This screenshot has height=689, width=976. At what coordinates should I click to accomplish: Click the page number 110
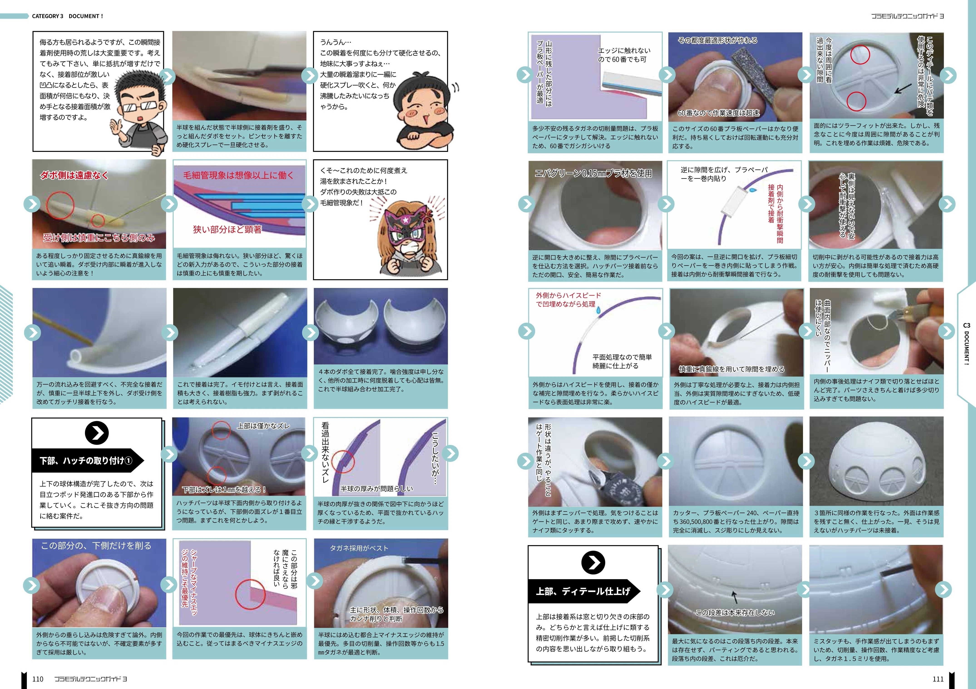[x=38, y=679]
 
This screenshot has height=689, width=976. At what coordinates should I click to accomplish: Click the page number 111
[x=938, y=679]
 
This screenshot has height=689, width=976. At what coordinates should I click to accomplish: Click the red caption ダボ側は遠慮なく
[x=74, y=175]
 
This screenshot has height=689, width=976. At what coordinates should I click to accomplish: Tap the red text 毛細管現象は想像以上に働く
[x=238, y=175]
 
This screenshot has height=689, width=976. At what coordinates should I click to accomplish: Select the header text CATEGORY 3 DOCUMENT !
[x=67, y=16]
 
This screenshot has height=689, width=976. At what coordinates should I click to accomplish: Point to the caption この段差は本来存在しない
[x=735, y=612]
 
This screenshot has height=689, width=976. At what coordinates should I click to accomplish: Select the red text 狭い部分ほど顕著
[x=227, y=230]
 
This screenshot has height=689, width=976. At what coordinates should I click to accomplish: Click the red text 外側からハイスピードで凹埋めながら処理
[x=568, y=300]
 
